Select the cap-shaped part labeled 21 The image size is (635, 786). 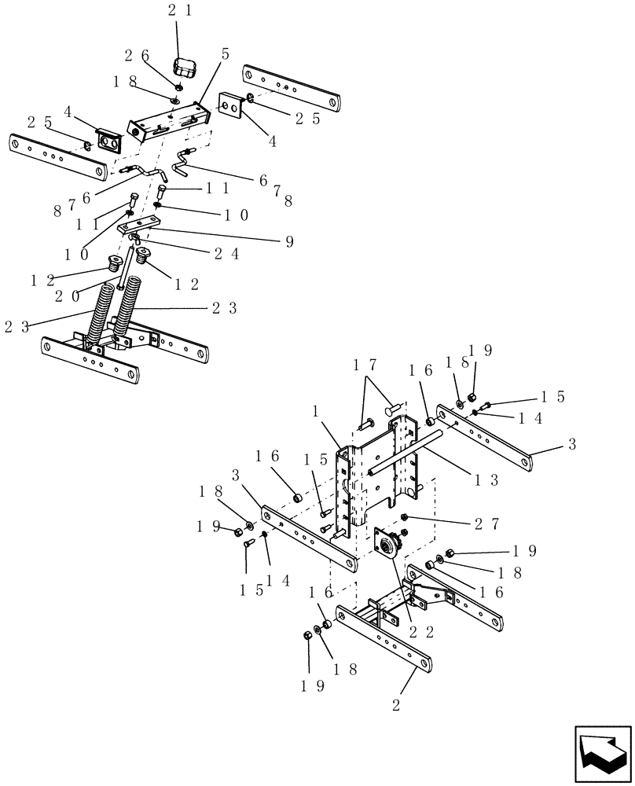[184, 68]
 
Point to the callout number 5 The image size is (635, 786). [226, 53]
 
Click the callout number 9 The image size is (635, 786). [289, 241]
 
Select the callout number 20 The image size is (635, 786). [68, 296]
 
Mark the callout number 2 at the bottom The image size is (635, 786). [397, 705]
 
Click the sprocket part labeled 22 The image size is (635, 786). [387, 544]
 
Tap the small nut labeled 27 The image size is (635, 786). [402, 516]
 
